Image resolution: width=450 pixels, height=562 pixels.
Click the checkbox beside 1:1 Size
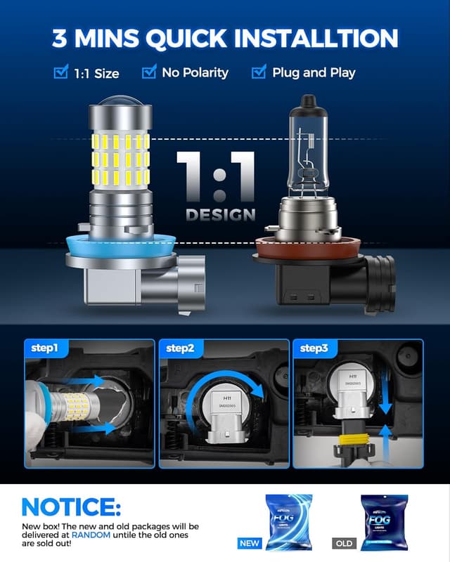(60, 72)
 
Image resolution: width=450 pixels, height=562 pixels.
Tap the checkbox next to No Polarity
(148, 72)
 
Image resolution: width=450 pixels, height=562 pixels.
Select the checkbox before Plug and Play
(259, 72)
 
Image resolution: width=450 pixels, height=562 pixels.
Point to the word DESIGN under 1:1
(220, 214)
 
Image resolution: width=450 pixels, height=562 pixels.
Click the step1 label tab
(45, 348)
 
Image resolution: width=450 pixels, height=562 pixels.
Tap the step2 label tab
(181, 348)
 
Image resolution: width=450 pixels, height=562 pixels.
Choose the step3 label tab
(315, 348)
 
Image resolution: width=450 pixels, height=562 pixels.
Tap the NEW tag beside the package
(250, 542)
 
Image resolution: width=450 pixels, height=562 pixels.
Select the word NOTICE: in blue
(71, 507)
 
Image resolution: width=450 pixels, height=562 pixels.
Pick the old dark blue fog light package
(384, 521)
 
